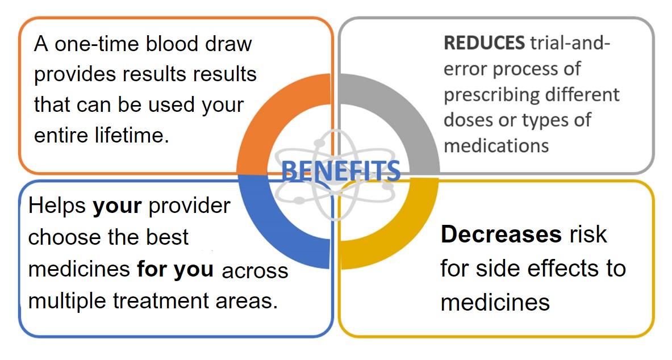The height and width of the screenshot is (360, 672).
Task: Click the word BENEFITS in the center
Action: [341, 170]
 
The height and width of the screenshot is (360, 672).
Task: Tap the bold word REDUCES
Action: [484, 43]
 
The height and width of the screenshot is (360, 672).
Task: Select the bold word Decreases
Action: [501, 235]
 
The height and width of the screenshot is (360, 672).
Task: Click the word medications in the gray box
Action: [496, 146]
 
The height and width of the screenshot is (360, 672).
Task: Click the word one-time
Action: [98, 44]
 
